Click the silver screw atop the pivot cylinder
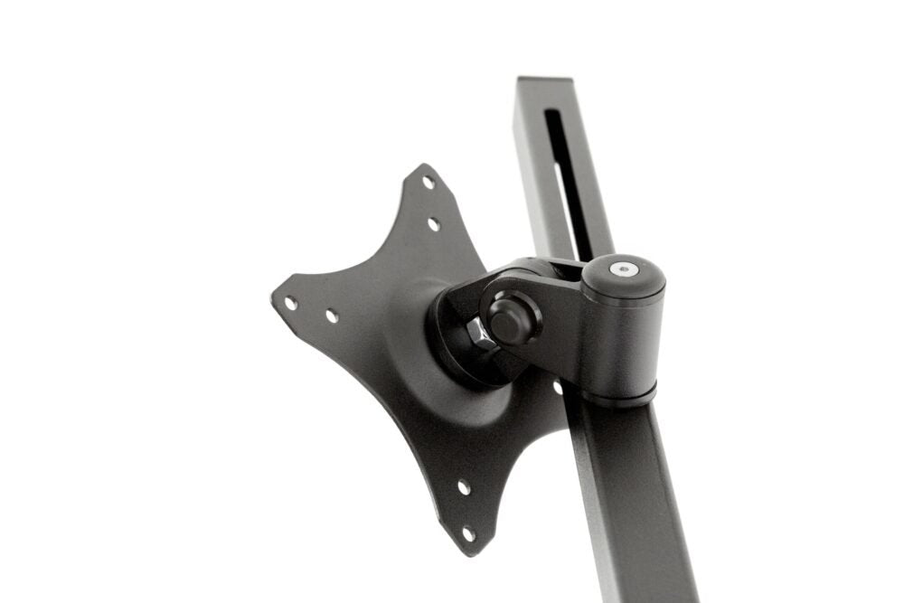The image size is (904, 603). (x=621, y=269)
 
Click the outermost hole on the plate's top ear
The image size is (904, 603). (x=428, y=182)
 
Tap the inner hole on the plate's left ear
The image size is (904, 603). (x=332, y=316)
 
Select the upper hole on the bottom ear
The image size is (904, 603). (x=463, y=488)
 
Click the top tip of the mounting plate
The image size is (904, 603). (x=422, y=166)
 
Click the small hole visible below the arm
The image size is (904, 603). (x=558, y=388)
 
